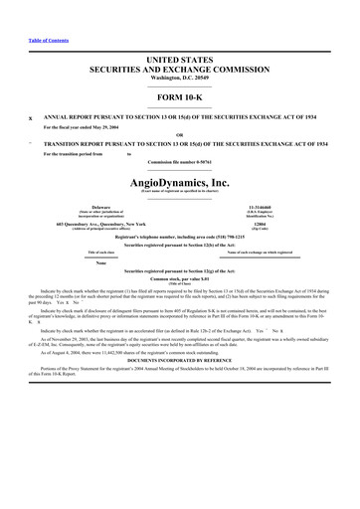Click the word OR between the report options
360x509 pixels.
click(180, 135)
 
